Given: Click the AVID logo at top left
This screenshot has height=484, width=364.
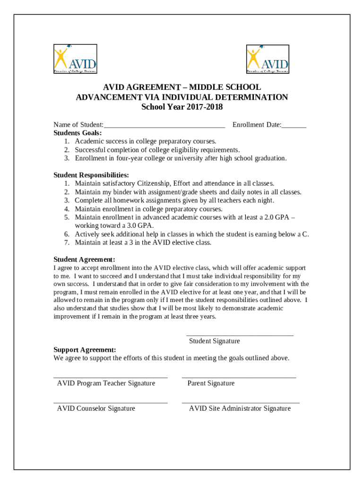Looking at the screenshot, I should [x=75, y=59].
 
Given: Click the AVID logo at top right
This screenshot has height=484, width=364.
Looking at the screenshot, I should [x=268, y=59].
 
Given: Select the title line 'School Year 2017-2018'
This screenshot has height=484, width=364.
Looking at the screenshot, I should [x=182, y=107].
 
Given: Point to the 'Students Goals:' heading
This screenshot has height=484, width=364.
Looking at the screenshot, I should [x=78, y=133].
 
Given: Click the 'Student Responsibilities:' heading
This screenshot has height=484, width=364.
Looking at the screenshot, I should [x=91, y=175].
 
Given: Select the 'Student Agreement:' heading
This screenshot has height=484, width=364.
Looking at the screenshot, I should [x=84, y=259].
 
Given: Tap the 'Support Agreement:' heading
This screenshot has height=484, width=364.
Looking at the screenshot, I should [x=85, y=350].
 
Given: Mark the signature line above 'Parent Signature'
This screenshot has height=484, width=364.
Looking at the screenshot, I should [x=239, y=377].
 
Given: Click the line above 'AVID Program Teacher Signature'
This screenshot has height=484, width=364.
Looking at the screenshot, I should [x=110, y=377].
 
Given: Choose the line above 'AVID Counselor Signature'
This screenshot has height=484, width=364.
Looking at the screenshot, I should [x=110, y=402].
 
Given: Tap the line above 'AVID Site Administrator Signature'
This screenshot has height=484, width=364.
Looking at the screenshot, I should [x=241, y=402].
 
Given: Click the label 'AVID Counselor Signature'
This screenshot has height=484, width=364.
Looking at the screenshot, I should [x=96, y=408].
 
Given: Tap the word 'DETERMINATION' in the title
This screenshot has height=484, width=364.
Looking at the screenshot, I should [x=251, y=97].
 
